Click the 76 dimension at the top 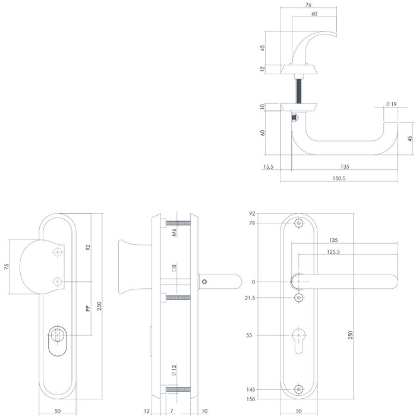[308, 6]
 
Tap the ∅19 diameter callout [391, 104]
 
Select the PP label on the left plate [87, 308]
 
